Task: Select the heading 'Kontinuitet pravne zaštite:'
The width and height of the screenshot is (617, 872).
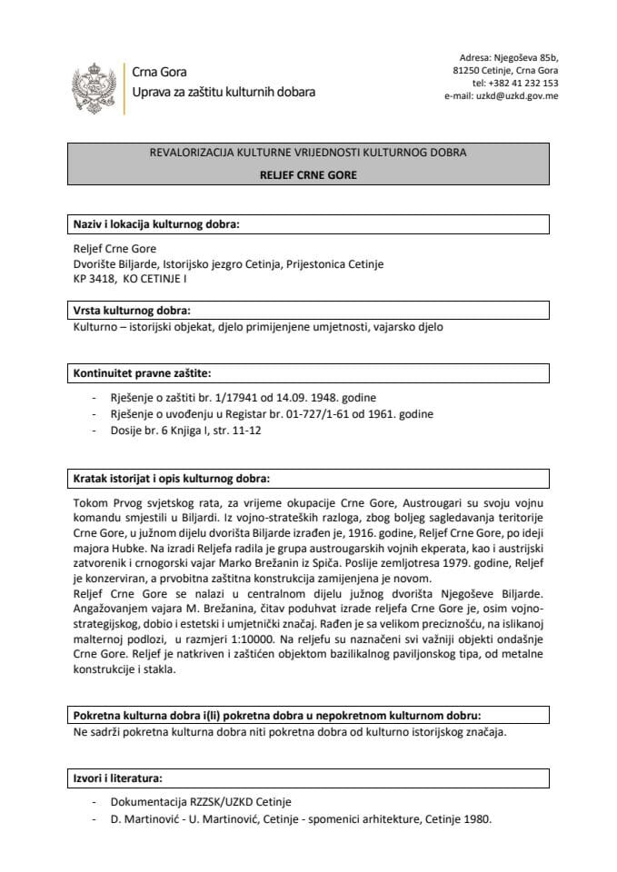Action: tap(142, 372)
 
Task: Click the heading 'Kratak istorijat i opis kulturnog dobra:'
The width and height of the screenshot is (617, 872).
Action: tap(171, 479)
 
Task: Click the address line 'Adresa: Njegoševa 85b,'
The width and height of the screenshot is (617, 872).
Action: tap(509, 54)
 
